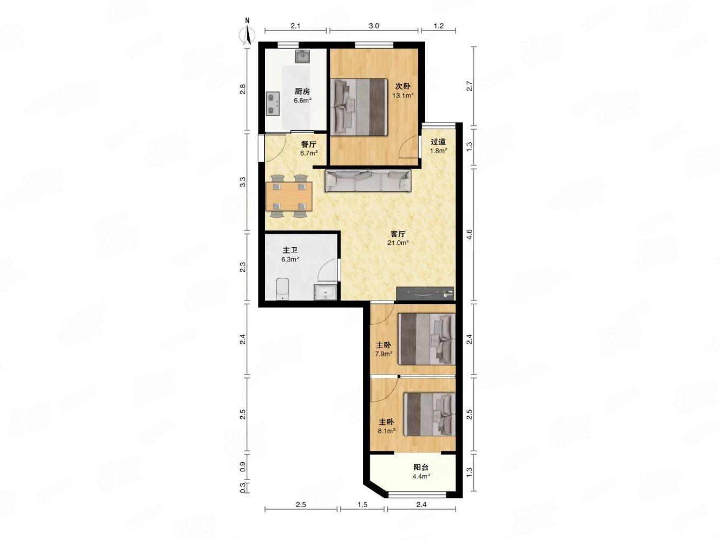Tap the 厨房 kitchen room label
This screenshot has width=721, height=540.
tap(302, 91)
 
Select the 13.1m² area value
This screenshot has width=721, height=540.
tap(403, 96)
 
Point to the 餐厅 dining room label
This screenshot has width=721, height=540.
tap(308, 144)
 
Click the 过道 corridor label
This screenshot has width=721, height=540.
tap(438, 142)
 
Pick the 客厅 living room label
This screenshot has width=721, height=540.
tap(398, 234)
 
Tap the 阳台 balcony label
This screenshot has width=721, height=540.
tap(421, 467)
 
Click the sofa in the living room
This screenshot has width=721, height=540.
tap(368, 181)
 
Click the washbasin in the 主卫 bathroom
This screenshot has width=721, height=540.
tap(326, 292)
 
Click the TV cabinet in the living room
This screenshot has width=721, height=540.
tap(425, 294)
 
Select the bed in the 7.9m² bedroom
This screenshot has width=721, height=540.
tap(427, 339)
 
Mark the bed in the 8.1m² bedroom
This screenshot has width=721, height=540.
tap(429, 414)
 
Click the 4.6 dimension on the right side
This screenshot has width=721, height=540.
tap(469, 234)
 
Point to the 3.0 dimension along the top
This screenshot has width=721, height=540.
tap(374, 25)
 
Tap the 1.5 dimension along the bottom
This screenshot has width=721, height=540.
tap(362, 504)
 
